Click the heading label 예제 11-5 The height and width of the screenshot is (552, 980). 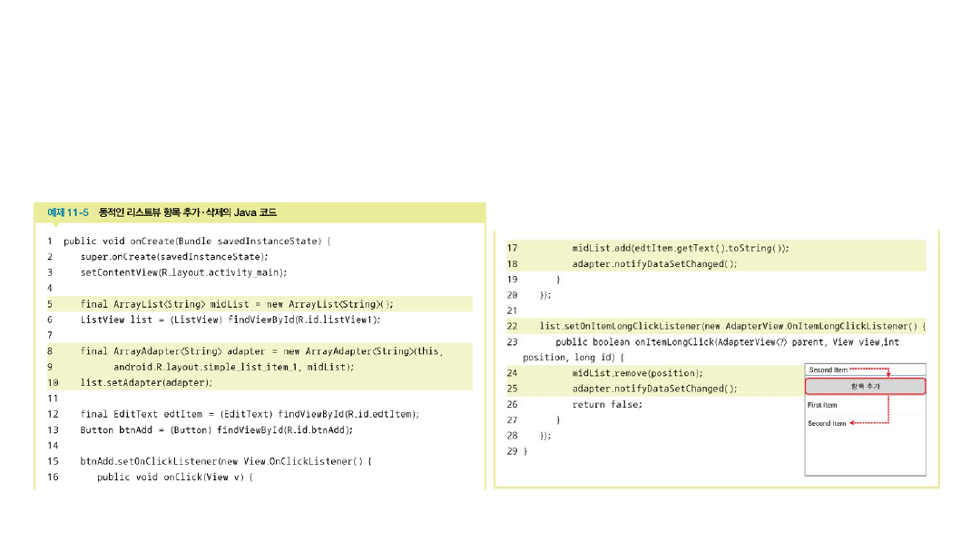(68, 212)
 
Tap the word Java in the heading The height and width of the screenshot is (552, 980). (245, 212)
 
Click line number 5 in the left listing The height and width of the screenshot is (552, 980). (50, 304)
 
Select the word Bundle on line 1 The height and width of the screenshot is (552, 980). (195, 241)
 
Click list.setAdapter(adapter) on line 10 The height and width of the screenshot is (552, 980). (145, 382)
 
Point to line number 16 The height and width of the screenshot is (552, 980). (53, 477)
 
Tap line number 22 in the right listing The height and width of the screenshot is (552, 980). (512, 326)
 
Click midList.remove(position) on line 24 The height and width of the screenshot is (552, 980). (637, 373)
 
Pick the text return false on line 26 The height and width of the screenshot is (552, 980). (605, 404)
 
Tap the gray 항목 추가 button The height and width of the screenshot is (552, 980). (865, 387)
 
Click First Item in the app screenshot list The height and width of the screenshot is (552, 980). (822, 405)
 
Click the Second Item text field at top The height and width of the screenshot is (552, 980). (865, 370)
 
